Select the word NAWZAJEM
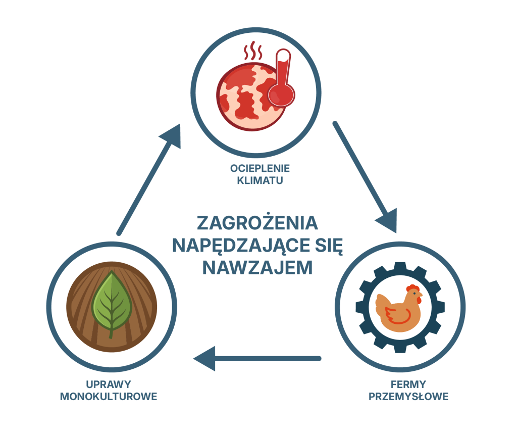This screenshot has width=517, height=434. (x=257, y=268)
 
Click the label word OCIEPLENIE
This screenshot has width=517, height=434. (x=260, y=168)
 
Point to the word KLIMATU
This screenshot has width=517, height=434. (x=260, y=180)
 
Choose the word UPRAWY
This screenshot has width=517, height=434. (x=109, y=384)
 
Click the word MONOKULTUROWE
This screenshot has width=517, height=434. (x=109, y=397)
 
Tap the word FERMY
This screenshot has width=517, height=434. (x=408, y=384)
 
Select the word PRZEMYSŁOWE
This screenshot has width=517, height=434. (x=408, y=397)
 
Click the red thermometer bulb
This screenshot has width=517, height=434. (x=281, y=94)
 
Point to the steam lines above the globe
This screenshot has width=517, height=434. (x=253, y=51)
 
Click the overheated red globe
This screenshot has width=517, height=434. (x=250, y=97)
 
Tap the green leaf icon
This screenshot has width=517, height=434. (x=112, y=304)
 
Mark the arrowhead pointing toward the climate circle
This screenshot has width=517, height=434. (x=172, y=136)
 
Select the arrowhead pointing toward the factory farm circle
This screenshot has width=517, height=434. (x=388, y=220)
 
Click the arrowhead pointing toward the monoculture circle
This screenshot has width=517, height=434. (x=204, y=358)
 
